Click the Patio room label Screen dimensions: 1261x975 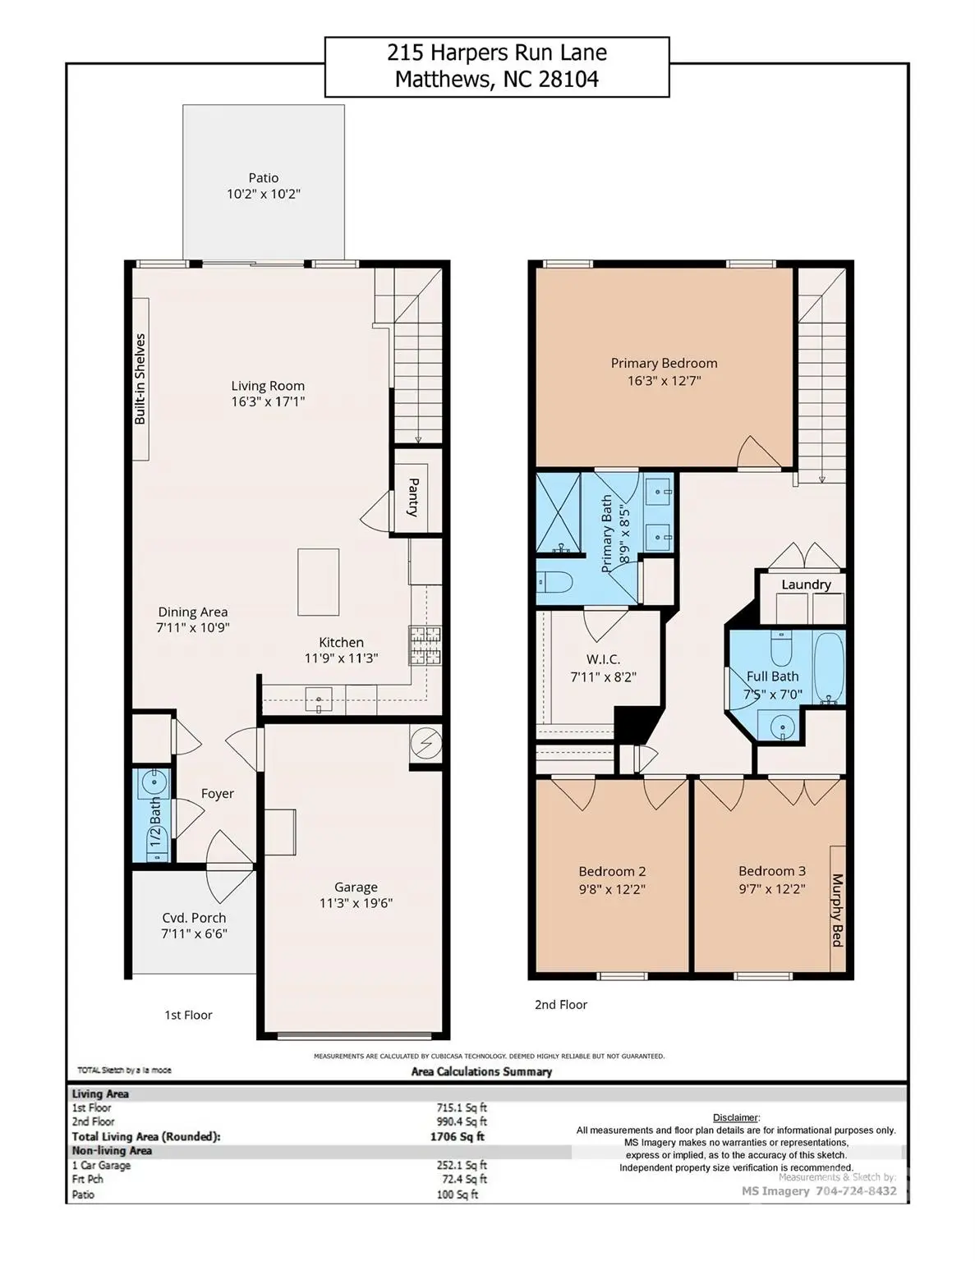pos(264,178)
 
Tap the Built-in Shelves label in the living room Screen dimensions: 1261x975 pos(140,378)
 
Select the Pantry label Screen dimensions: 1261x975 pos(414,497)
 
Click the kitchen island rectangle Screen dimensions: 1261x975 pos(318,582)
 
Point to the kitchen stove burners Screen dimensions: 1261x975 pos(425,645)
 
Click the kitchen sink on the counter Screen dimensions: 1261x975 pos(319,700)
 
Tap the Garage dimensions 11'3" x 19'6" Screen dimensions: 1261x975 pos(356,904)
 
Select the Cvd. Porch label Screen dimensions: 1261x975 pos(194,918)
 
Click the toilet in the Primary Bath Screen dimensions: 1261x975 pos(555,582)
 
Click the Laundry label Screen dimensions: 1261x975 pos(806,585)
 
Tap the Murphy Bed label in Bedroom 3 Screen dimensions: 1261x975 pos(838,910)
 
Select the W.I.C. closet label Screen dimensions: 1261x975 pos(603,659)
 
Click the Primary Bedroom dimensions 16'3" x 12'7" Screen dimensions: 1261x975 pos(664,381)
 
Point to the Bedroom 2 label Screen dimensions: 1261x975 pos(612,871)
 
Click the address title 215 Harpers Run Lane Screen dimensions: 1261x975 pos(497,53)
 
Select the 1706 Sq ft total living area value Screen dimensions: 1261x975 pos(458,1137)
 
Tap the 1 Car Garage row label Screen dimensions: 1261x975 pos(101,1165)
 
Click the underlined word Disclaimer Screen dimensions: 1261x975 pos(735,1117)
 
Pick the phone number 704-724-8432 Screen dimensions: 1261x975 pos(856,1191)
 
